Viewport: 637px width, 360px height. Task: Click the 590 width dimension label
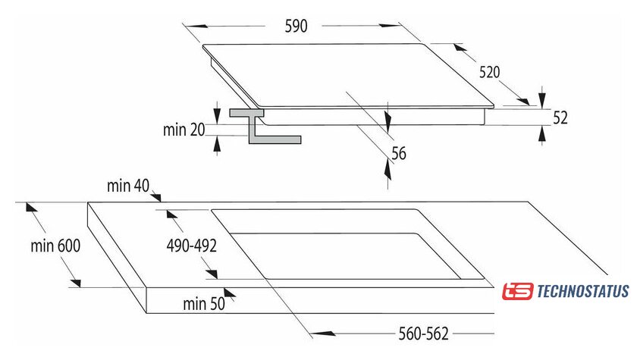296,27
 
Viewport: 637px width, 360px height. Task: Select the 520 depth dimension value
490,73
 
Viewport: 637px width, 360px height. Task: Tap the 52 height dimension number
560,117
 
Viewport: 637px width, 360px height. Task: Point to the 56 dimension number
398,154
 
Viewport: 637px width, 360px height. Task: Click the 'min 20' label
184,130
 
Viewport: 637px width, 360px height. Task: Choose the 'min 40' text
129,185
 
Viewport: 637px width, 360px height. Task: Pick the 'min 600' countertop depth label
55,246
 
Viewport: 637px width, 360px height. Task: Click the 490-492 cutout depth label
192,246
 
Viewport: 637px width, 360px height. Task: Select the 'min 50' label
205,303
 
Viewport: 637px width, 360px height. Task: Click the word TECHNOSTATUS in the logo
582,291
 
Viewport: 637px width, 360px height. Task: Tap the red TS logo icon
518,291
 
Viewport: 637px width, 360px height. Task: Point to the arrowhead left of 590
189,27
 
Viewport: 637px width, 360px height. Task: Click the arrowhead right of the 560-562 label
488,332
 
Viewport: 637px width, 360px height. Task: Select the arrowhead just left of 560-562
316,332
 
